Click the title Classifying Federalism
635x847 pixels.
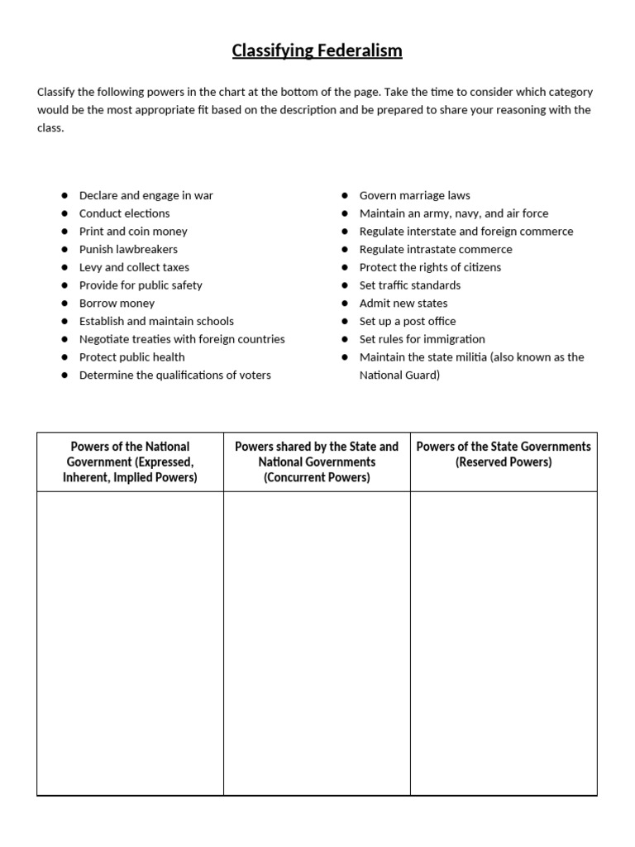coord(317,50)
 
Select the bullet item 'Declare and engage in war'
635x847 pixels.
coord(146,195)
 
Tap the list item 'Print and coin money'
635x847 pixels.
coord(133,232)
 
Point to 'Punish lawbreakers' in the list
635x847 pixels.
coord(128,249)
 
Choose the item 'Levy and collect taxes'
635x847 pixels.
coord(134,267)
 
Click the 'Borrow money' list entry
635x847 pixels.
coord(117,304)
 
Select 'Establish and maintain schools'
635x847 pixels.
coord(156,321)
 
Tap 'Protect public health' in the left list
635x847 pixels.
coord(131,357)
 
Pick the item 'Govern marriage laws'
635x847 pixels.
coord(414,195)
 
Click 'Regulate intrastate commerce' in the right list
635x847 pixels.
coord(436,249)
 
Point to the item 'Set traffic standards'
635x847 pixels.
coord(410,285)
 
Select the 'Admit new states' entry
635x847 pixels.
coord(403,304)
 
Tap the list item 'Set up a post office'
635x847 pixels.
coord(408,321)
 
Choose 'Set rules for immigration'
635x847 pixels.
coord(422,339)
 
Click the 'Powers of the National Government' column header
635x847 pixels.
coord(130,462)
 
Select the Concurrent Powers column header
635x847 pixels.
coord(317,462)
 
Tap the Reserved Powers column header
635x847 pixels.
coord(504,454)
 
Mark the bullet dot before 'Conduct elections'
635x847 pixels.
coord(64,213)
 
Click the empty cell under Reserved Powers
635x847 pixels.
coord(504,643)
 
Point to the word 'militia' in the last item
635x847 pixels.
coord(484,357)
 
